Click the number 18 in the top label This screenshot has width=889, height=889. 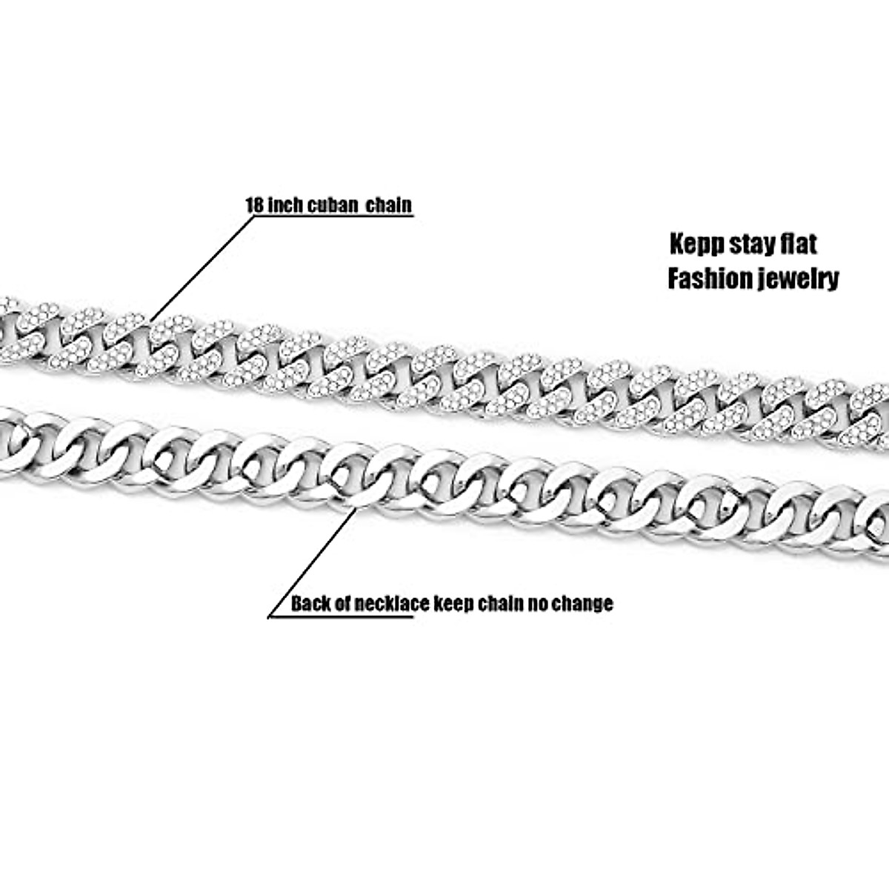(254, 204)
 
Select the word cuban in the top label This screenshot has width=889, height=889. (329, 204)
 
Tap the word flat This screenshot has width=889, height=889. (798, 244)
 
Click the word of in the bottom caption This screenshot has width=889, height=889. (343, 603)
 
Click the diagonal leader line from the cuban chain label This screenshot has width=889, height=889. (200, 267)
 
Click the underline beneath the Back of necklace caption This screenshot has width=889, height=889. (341, 617)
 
